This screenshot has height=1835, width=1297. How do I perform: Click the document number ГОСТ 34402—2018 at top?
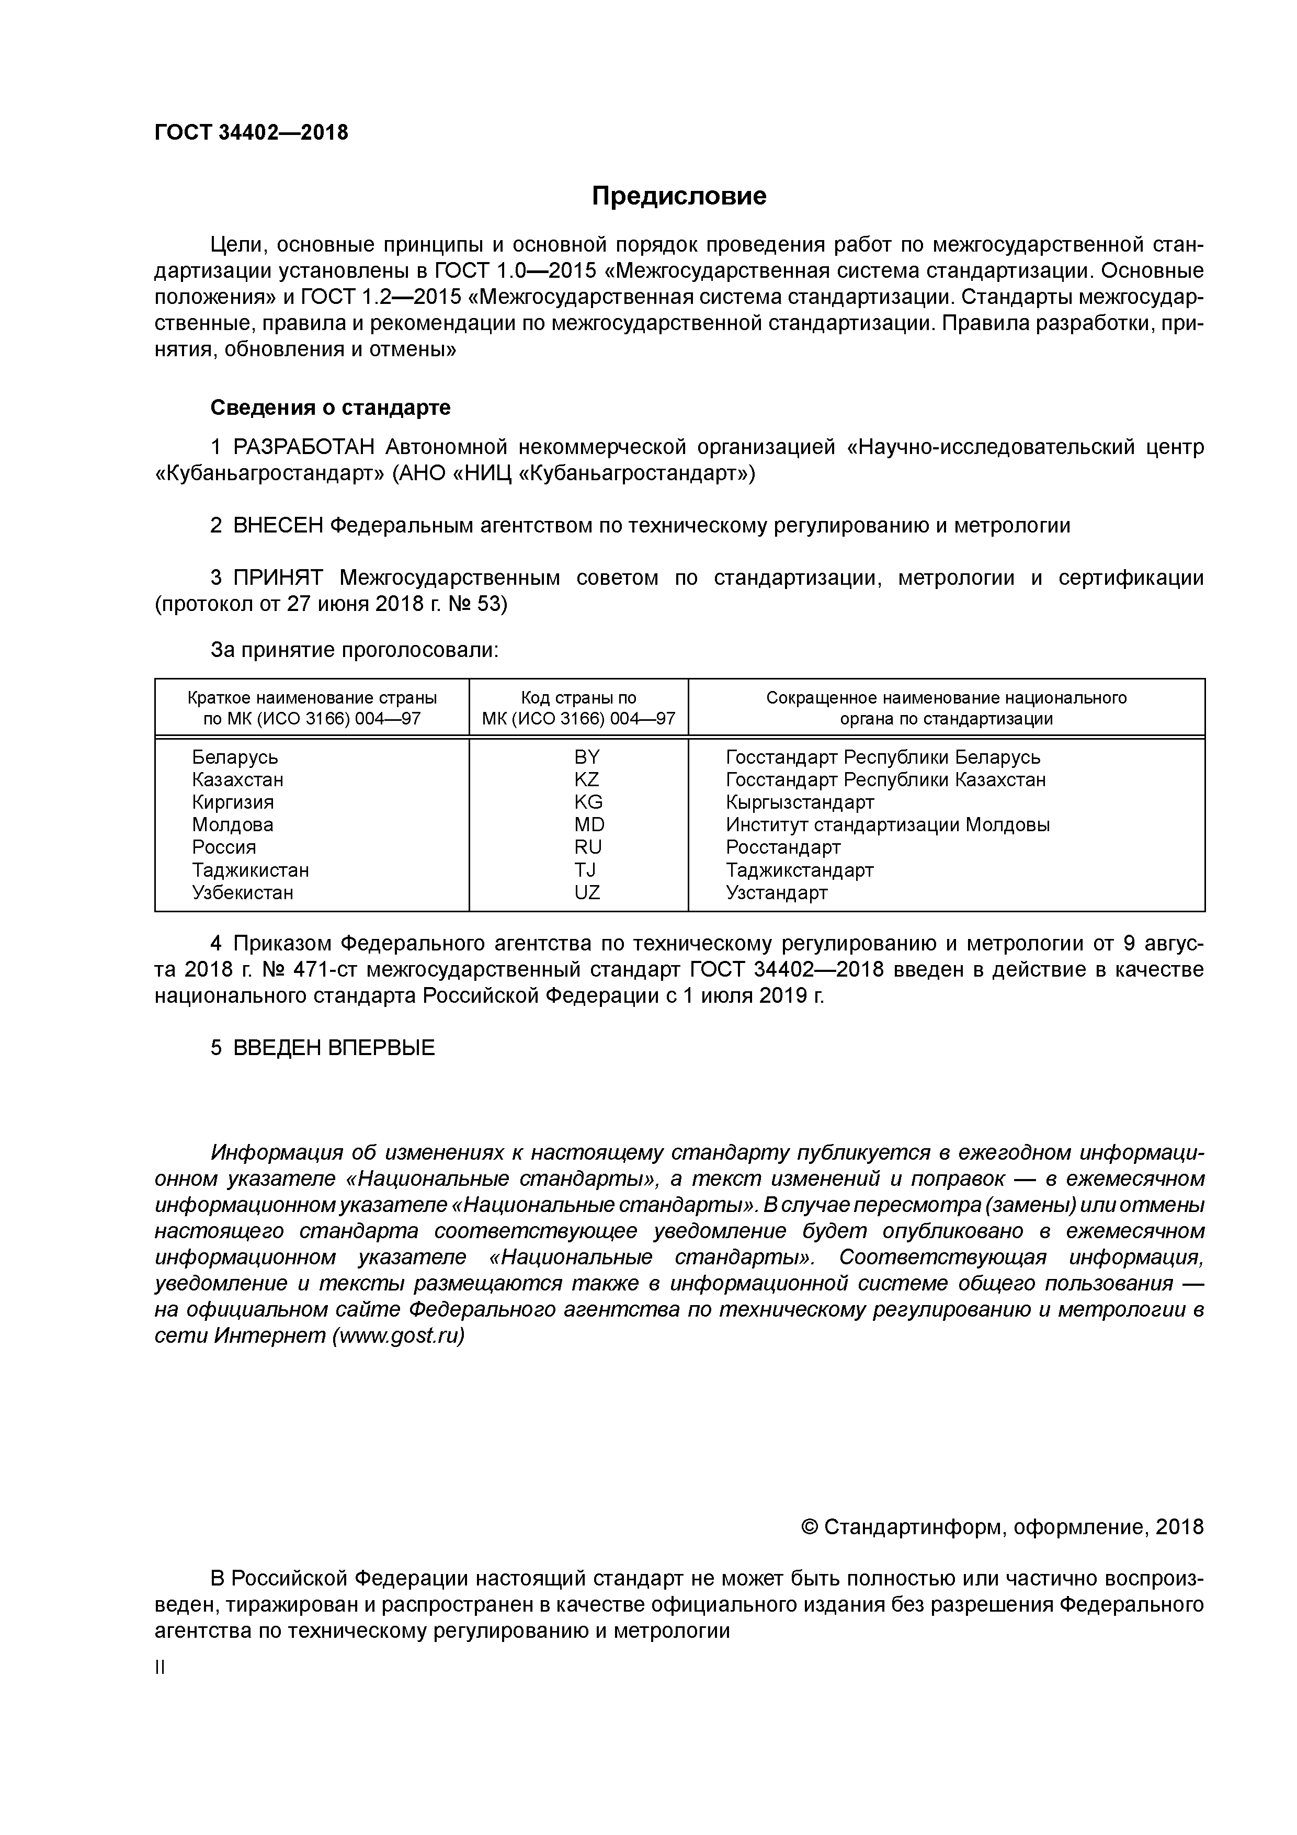(251, 133)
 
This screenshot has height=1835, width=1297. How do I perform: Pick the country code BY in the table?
(587, 757)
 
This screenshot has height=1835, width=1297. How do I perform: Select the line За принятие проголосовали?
(354, 650)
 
